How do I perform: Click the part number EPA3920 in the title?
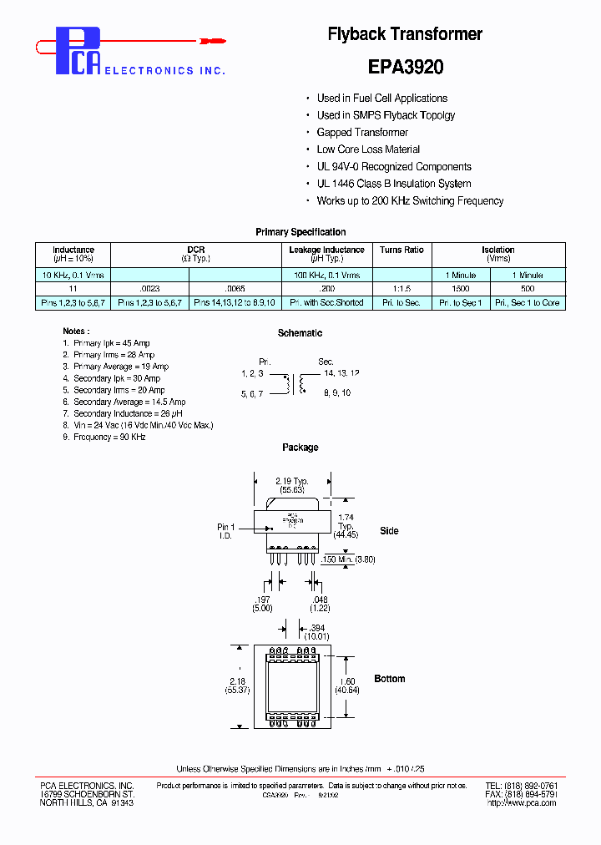pyautogui.click(x=405, y=66)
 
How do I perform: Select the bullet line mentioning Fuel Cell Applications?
pyautogui.click(x=381, y=99)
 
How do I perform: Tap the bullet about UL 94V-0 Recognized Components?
pyautogui.click(x=393, y=167)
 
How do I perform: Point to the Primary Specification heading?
pyautogui.click(x=300, y=232)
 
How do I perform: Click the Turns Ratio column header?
pyautogui.click(x=402, y=250)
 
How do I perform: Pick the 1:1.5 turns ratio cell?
pyautogui.click(x=402, y=288)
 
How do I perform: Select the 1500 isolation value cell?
pyautogui.click(x=461, y=288)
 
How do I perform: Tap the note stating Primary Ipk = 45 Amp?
pyautogui.click(x=111, y=343)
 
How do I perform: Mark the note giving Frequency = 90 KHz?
pyautogui.click(x=109, y=437)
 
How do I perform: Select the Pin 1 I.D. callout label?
pyautogui.click(x=226, y=531)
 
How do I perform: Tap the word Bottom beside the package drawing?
pyautogui.click(x=389, y=679)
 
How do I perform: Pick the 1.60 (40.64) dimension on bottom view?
pyautogui.click(x=346, y=686)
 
